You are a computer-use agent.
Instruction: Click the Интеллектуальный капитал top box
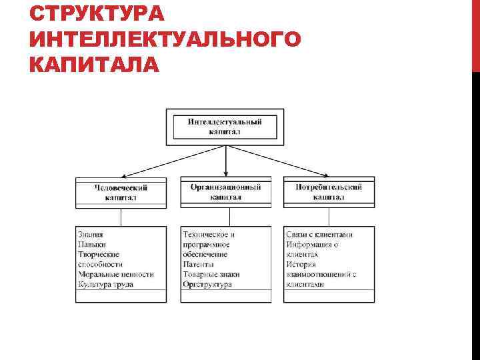click(x=225, y=127)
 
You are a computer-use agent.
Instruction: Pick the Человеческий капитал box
click(x=121, y=192)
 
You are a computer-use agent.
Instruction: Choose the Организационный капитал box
click(x=226, y=192)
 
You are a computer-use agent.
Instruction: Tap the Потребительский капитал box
click(x=329, y=192)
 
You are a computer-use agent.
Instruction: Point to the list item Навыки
click(x=91, y=245)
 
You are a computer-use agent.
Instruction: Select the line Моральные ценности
click(x=115, y=274)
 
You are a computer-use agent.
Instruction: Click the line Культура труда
click(x=105, y=284)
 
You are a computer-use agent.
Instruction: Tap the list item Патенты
click(x=198, y=264)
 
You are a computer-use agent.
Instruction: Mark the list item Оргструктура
click(x=207, y=284)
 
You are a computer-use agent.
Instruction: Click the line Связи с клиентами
click(x=319, y=235)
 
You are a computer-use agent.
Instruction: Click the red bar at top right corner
click(x=475, y=33)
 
